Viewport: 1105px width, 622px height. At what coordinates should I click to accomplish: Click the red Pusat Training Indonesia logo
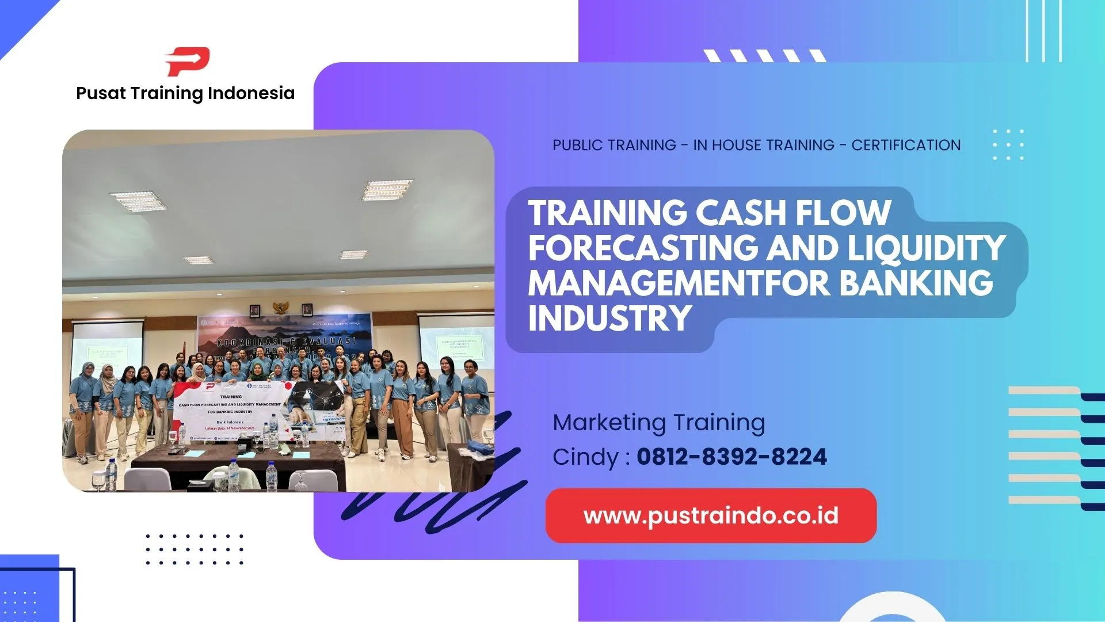point(188,62)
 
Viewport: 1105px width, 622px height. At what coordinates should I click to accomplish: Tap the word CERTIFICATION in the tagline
point(906,145)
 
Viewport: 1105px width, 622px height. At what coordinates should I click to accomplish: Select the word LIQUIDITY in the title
point(927,248)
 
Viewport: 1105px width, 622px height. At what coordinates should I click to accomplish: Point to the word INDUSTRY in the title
point(610,318)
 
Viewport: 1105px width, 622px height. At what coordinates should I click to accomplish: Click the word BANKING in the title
point(916,283)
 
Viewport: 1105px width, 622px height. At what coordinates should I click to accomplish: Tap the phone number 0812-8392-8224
point(731,457)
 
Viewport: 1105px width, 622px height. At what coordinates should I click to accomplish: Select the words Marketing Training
point(659,423)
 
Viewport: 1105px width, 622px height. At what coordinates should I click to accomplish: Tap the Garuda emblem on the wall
point(281,308)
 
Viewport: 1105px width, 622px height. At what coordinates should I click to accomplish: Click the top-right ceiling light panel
point(387,189)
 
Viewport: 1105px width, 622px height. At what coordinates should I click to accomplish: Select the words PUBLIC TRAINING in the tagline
point(614,145)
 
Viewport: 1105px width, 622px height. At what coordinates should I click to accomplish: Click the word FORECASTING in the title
point(643,248)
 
